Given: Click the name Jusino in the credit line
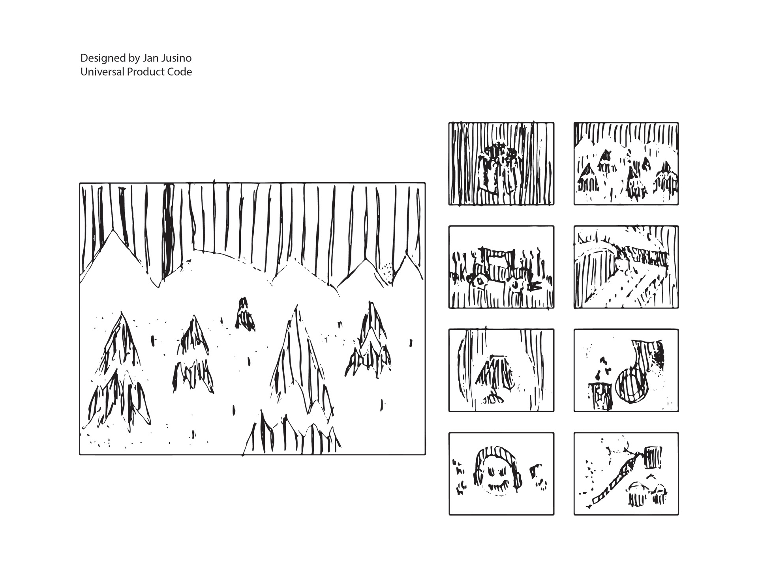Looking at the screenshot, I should click(x=176, y=58).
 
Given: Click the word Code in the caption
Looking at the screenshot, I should click(x=181, y=72).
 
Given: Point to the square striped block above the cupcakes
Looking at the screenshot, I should click(x=653, y=457).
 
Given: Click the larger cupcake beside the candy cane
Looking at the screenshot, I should click(x=637, y=493).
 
